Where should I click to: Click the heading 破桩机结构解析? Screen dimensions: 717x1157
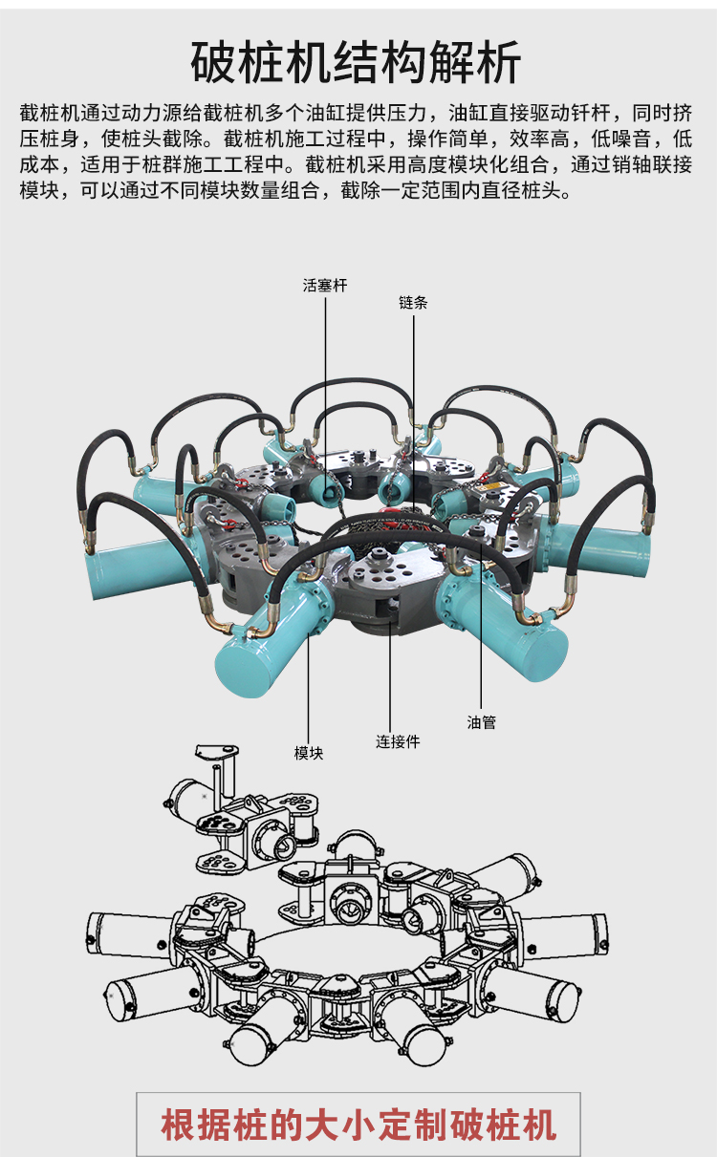356,63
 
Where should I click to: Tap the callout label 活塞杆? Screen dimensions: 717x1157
325,285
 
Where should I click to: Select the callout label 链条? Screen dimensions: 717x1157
413,303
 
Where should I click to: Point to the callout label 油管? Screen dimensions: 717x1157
481,722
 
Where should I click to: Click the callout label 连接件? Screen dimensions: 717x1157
398,741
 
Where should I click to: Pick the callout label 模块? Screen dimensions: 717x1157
309,753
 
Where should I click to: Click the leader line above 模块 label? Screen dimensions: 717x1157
309,688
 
